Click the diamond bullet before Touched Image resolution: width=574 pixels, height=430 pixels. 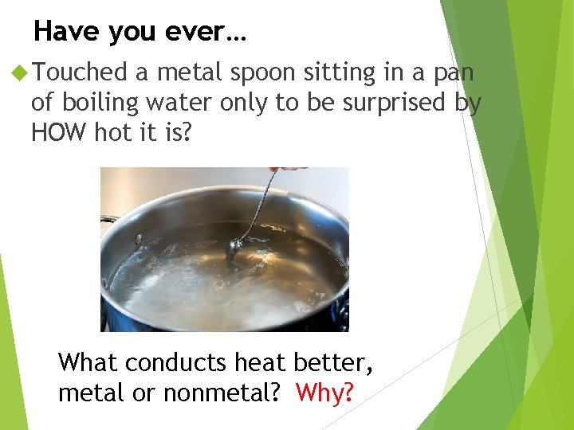click(x=20, y=73)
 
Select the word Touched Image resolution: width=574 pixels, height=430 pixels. click(x=81, y=73)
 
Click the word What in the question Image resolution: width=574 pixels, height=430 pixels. click(x=88, y=363)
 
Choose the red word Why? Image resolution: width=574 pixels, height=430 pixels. click(x=324, y=393)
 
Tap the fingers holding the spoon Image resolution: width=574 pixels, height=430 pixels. click(x=289, y=169)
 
